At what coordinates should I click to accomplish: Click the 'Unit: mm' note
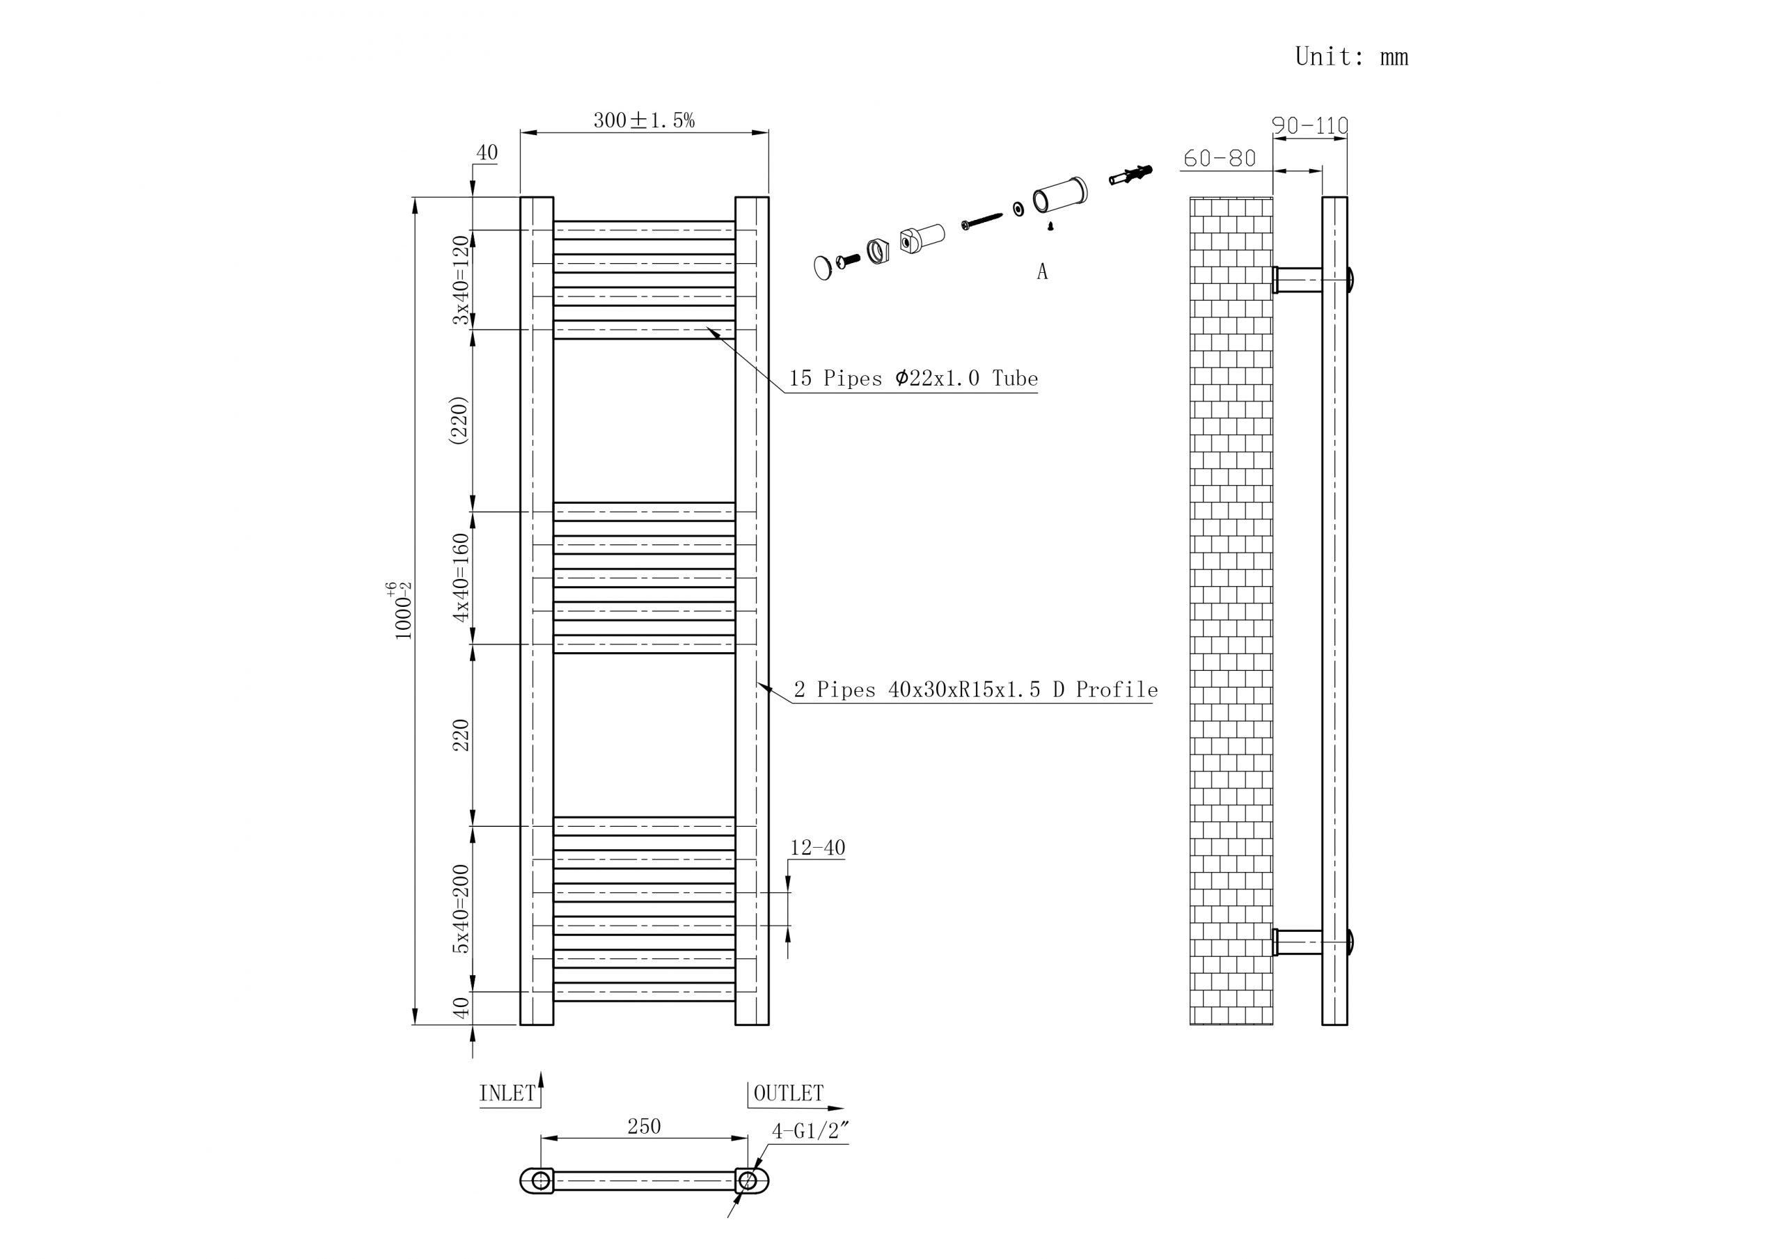[x=1350, y=56]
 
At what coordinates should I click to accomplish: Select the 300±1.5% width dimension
[x=643, y=120]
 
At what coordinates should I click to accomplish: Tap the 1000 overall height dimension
[x=403, y=612]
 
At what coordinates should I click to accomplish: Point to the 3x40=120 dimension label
[x=462, y=280]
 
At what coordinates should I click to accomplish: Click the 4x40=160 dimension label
[x=462, y=578]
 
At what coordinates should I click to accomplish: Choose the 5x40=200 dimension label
[x=462, y=909]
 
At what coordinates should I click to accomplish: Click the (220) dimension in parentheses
[x=459, y=420]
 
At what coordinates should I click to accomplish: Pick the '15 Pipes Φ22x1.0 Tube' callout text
[x=913, y=379]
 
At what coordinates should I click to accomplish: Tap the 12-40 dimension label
[x=817, y=848]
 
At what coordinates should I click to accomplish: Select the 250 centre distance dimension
[x=643, y=1126]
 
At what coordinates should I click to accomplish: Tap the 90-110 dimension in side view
[x=1309, y=125]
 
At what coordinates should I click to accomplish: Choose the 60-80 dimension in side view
[x=1220, y=159]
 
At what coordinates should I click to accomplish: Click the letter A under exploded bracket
[x=1041, y=271]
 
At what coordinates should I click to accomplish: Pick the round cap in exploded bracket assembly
[x=823, y=268]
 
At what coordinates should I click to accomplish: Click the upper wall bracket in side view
[x=1298, y=280]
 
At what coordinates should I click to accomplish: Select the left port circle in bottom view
[x=541, y=1181]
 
